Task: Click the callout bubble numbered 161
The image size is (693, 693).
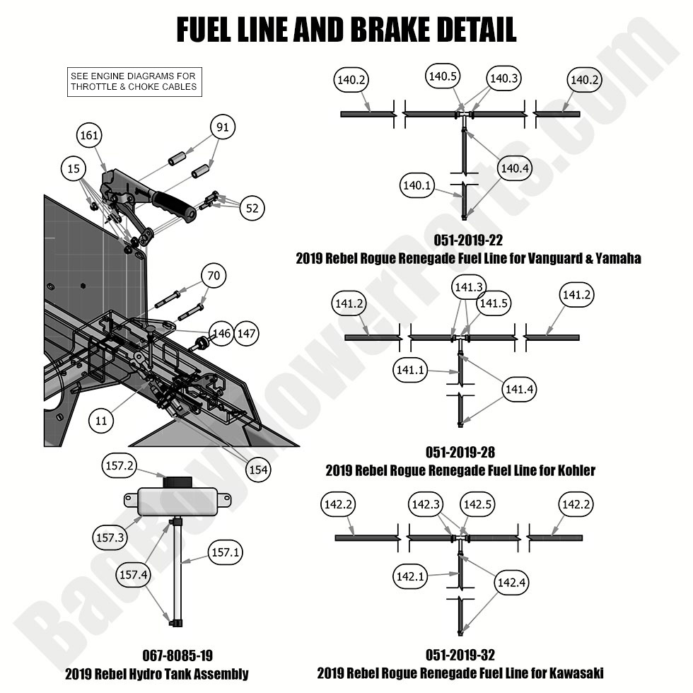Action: (90, 135)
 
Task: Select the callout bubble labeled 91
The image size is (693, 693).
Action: (223, 127)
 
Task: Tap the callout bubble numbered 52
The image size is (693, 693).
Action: (252, 207)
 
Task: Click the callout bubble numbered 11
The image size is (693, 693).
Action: (101, 420)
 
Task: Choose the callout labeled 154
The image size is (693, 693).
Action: (258, 470)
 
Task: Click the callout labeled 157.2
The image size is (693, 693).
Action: (119, 467)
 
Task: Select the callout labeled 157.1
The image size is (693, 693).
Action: (225, 552)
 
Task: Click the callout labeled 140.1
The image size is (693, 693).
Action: (417, 186)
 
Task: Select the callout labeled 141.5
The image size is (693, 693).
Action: (493, 304)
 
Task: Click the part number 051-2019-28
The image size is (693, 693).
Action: (460, 453)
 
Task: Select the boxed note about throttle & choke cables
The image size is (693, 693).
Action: (134, 82)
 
